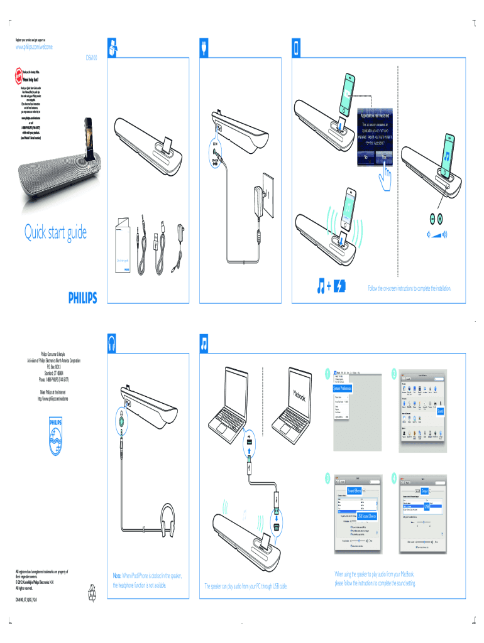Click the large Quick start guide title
click(55, 234)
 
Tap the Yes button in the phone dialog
click(384, 160)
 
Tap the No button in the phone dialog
click(366, 160)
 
